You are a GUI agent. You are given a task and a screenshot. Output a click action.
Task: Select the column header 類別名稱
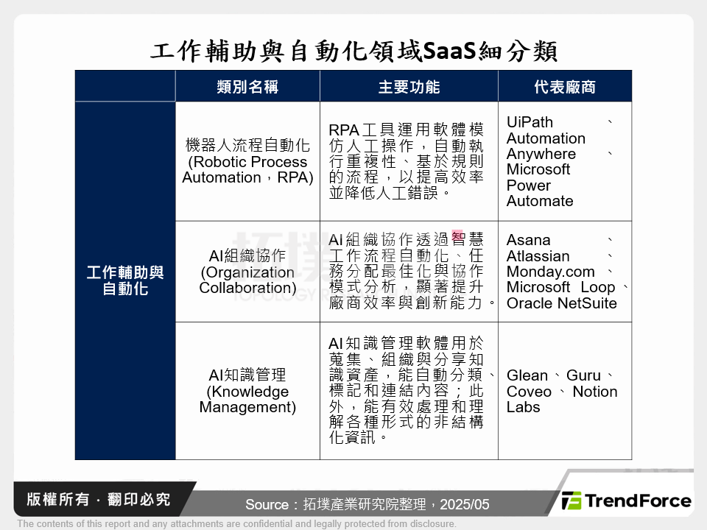pos(247,87)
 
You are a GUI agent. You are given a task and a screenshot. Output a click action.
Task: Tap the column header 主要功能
pos(409,87)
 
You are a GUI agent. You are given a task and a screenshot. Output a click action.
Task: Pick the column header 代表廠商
pos(565,87)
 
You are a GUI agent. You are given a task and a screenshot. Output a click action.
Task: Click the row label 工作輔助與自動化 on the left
pos(125,280)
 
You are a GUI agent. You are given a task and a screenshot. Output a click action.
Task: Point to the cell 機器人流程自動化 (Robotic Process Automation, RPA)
pos(247,161)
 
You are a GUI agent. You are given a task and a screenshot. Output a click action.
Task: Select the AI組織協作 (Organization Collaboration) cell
pos(247,272)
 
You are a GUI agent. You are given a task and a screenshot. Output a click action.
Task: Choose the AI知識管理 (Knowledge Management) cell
pos(247,391)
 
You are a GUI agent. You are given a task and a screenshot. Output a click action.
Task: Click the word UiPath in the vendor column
pos(530,122)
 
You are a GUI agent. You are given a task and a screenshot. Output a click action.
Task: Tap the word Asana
pos(528,240)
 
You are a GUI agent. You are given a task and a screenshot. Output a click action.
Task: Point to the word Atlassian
pos(538,256)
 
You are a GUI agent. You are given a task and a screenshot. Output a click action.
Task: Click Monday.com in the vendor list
pos(550,272)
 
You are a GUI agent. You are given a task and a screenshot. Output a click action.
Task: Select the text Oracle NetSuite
pos(561,303)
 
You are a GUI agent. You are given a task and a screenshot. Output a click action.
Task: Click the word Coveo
pos(529,392)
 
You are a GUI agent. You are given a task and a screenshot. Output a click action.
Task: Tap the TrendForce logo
pos(627,501)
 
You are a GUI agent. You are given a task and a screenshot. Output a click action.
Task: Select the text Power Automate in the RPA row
pos(539,193)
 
